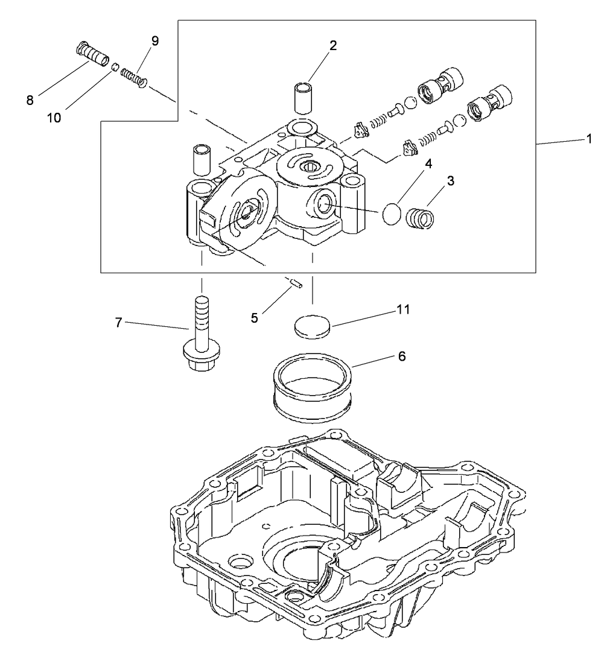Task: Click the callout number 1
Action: pyautogui.click(x=589, y=138)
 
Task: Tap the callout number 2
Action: pyautogui.click(x=333, y=45)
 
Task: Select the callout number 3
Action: pyautogui.click(x=451, y=180)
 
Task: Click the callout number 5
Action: pyautogui.click(x=255, y=317)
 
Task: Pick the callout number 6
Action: pyautogui.click(x=402, y=356)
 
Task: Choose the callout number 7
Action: pyautogui.click(x=119, y=323)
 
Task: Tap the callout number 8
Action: pyautogui.click(x=30, y=100)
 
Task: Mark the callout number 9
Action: pyautogui.click(x=155, y=41)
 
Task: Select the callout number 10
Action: pyautogui.click(x=54, y=118)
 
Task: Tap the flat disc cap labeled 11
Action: pyautogui.click(x=312, y=326)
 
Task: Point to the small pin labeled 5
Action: pyautogui.click(x=294, y=282)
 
